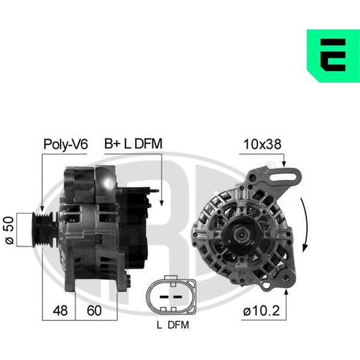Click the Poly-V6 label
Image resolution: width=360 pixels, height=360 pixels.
coord(65,145)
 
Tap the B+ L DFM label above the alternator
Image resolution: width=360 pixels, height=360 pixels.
coord(133,144)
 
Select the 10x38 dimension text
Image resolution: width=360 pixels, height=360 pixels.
coord(262,144)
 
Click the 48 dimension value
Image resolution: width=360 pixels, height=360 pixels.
coord(60,310)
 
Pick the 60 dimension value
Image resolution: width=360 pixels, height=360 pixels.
coord(94,310)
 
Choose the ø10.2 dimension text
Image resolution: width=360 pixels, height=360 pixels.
coord(261,310)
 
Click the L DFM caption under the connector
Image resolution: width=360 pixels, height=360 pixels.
coord(173,325)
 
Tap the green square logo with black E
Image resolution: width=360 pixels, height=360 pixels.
coord(333,56)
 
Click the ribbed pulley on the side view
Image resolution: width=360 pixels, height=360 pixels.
coord(45,230)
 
